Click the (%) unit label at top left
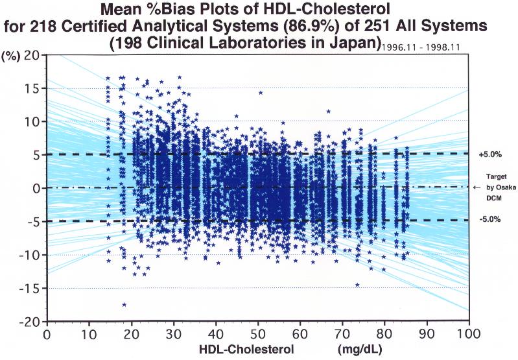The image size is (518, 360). coord(12,54)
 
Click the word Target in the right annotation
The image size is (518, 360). coord(497,176)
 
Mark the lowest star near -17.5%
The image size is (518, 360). coord(124,304)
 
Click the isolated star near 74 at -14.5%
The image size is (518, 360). coord(357,285)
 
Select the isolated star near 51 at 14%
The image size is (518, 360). coord(261,93)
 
